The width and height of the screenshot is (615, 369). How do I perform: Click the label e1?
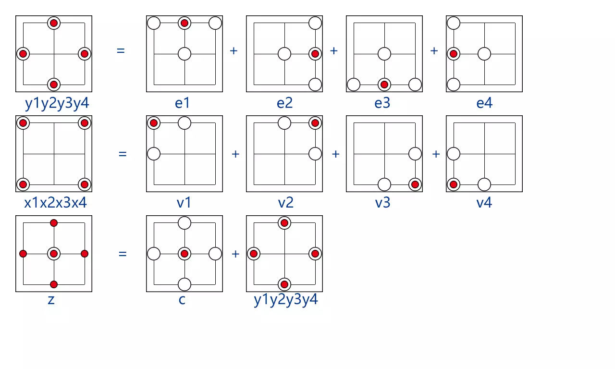[x=182, y=103]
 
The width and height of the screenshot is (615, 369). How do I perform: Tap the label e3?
[x=382, y=103]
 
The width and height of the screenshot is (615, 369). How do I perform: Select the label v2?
[x=285, y=203]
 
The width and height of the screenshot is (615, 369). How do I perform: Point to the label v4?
[x=484, y=203]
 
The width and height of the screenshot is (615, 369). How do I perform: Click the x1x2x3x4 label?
[x=56, y=203]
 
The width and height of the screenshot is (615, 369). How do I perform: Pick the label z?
[x=51, y=301]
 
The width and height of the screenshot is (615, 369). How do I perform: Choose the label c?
[x=183, y=301]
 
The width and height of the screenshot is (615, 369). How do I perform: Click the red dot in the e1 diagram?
[x=184, y=23]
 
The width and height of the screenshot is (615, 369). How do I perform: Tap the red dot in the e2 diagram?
[x=315, y=54]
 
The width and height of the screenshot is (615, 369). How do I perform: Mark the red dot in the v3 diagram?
[x=415, y=184]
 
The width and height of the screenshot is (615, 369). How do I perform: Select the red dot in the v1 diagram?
[x=154, y=123]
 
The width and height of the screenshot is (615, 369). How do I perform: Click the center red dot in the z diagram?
[x=54, y=254]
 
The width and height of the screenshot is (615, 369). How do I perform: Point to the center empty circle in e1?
[x=184, y=54]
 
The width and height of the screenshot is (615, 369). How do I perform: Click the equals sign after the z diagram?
[x=123, y=254]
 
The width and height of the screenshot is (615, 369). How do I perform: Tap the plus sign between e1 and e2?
[x=234, y=50]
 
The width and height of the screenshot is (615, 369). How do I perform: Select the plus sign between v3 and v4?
[x=436, y=154]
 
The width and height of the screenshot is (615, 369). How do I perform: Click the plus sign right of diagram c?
[x=235, y=254]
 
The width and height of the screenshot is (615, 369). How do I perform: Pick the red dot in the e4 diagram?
[x=454, y=54]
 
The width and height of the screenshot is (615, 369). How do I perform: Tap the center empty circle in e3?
[x=384, y=54]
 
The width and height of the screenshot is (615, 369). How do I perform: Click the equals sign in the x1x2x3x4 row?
[x=123, y=154]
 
